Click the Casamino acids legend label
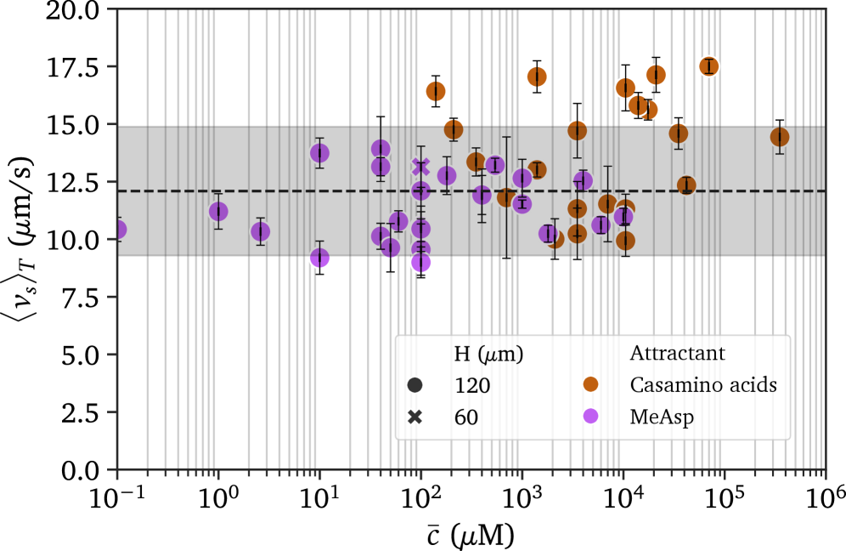[703, 385]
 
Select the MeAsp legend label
[662, 417]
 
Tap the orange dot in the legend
[590, 385]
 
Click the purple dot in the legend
[590, 417]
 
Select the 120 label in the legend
[472, 385]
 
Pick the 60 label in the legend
[466, 417]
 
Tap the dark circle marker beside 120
[415, 385]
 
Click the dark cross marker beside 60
[415, 417]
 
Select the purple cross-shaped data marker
[421, 166]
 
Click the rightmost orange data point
[780, 137]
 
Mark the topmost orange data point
[708, 66]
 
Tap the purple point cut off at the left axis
[118, 229]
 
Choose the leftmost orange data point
[436, 91]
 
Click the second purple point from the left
[218, 211]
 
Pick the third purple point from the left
[261, 231]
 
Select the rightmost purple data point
[624, 217]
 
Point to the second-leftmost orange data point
[454, 129]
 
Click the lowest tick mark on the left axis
[111, 469]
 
